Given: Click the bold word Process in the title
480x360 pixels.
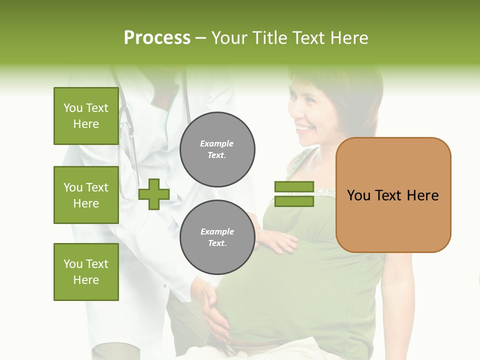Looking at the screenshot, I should point(157,37).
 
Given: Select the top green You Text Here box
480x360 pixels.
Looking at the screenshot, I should point(86,116).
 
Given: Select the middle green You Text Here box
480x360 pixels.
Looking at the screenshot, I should point(86,195).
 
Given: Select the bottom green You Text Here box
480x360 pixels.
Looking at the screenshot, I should point(86,271).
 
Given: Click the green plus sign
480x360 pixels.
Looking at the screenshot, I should point(154,194).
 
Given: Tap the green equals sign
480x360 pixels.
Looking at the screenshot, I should point(294,194).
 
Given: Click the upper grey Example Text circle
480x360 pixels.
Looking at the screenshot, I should point(217,149).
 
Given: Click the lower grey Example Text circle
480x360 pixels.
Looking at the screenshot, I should point(217,237).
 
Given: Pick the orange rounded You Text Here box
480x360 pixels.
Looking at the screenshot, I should point(393,195).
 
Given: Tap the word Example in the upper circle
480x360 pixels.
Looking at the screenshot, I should point(217,143).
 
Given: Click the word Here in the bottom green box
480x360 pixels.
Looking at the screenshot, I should point(86,279).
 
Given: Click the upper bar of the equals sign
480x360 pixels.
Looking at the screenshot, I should point(294,187).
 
